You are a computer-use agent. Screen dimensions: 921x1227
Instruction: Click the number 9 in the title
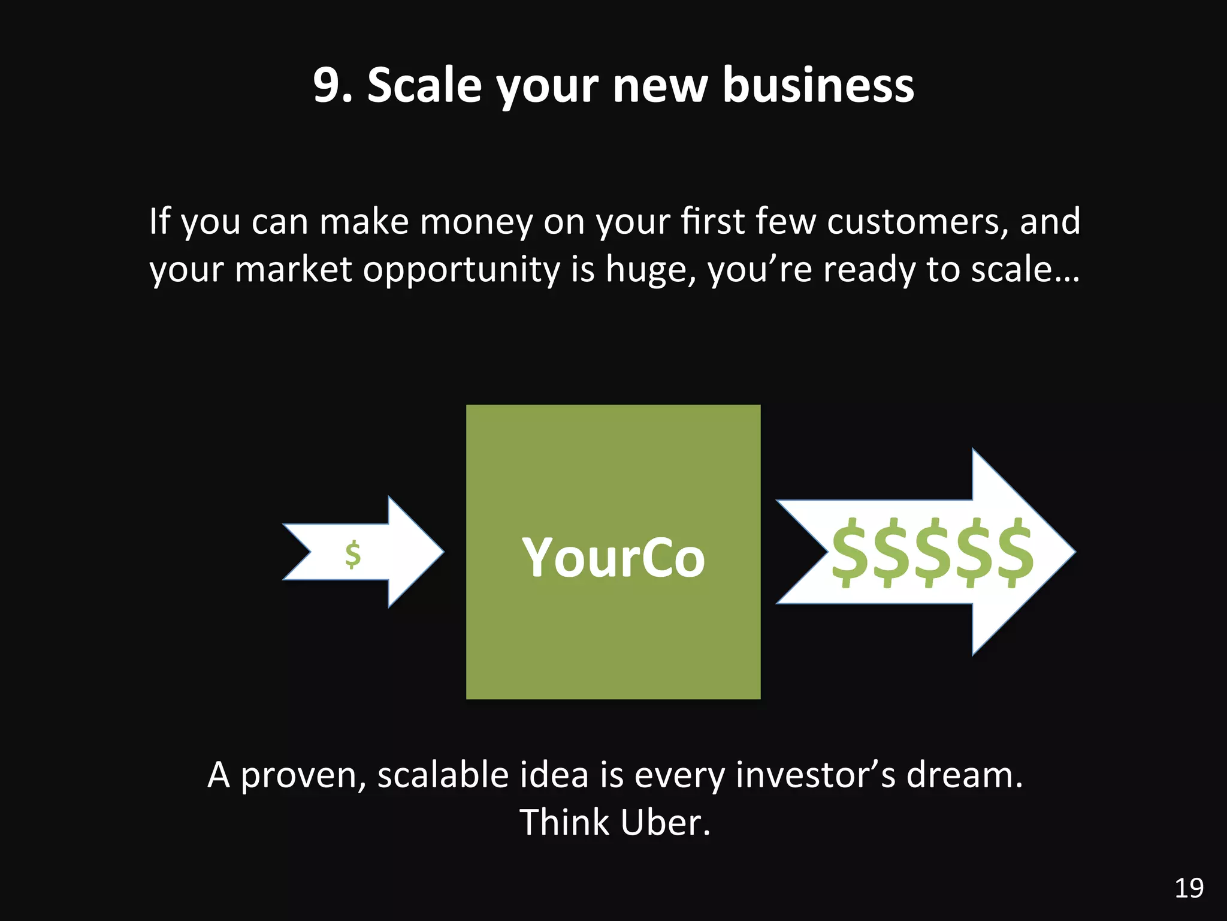(x=327, y=85)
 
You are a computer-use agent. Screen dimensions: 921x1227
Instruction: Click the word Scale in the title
(x=424, y=85)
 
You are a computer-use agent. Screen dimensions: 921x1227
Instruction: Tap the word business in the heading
(x=818, y=85)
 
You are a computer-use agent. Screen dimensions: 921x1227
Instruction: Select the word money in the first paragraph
(x=476, y=222)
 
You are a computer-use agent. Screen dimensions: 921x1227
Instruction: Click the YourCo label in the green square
(x=613, y=558)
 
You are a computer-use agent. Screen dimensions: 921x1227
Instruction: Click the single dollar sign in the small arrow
(x=353, y=554)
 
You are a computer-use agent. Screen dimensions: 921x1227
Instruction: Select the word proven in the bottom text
(x=303, y=775)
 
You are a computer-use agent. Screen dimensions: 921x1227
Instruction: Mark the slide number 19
(x=1189, y=889)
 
